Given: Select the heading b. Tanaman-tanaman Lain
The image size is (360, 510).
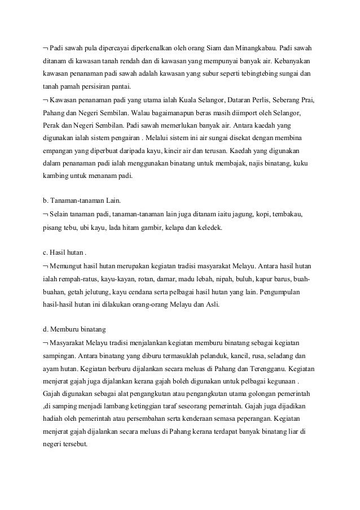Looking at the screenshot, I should point(77,202).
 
